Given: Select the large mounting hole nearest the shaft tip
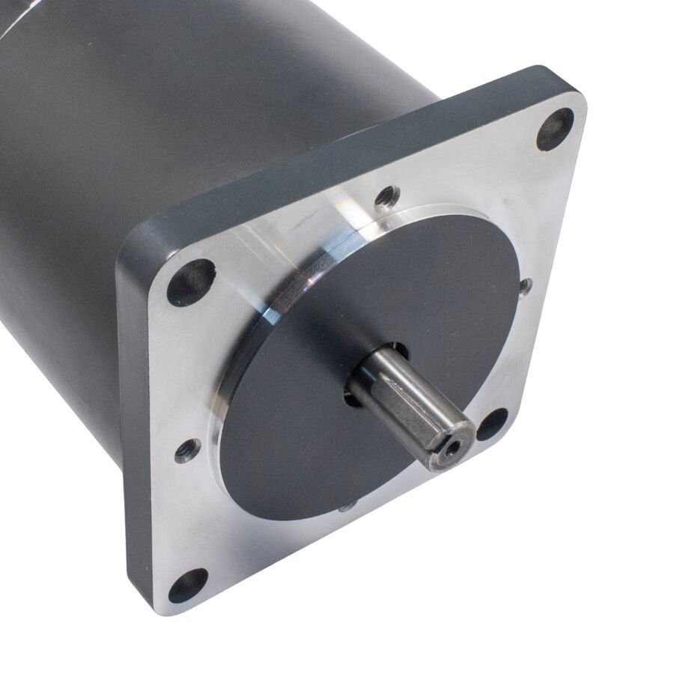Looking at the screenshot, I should coord(491,424).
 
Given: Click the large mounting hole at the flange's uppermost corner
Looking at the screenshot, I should coord(555,129).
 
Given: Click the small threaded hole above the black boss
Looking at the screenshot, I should coord(386,198).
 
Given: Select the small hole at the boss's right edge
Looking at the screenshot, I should coord(526,285).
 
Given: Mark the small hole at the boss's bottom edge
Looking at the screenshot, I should coord(346,507).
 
